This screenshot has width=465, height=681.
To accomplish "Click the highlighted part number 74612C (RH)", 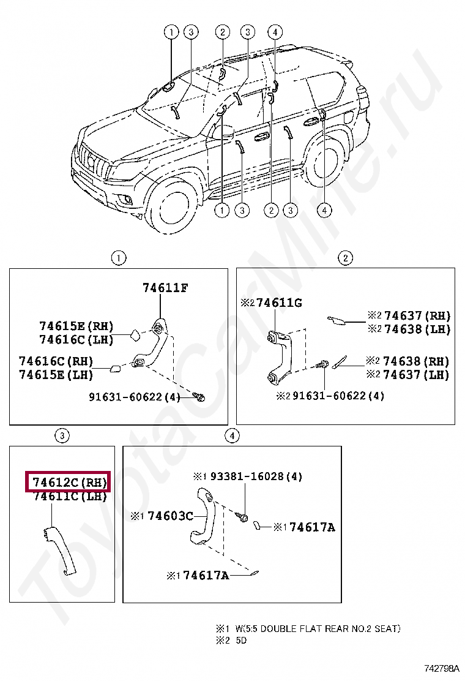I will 67,483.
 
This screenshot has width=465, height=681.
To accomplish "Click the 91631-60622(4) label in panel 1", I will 135,397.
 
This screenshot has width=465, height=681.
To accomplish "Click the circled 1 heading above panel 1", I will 118,258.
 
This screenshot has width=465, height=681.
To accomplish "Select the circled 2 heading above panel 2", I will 346,258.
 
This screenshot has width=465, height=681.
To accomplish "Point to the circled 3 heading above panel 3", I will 62,436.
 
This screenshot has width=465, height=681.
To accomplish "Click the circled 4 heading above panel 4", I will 232,436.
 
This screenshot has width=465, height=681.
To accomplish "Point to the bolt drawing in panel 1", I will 198,397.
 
